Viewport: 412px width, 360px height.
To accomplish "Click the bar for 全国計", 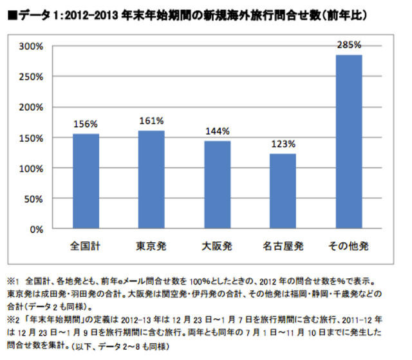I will (x=86, y=181).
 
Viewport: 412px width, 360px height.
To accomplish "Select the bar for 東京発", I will (x=151, y=180).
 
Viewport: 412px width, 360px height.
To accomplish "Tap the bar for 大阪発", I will (x=217, y=185).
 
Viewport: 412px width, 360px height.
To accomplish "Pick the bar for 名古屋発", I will (x=283, y=191).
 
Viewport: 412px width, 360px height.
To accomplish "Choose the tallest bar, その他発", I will (x=348, y=142).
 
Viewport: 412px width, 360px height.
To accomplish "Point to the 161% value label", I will (x=151, y=120).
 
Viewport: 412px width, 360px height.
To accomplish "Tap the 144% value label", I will (x=217, y=131).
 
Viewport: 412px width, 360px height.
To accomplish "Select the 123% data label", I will (x=283, y=144).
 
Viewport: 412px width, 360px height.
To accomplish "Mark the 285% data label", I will (x=348, y=45).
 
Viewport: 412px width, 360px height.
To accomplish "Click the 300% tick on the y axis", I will (x=31, y=46).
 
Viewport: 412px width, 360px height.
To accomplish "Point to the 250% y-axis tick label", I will (x=31, y=77).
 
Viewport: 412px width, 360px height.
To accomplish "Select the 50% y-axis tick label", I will (x=33, y=198).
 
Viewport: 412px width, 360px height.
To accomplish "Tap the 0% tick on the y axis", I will (x=36, y=229).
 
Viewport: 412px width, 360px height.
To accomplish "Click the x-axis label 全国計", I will (x=86, y=246).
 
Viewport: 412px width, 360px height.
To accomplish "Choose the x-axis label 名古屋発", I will (x=283, y=246).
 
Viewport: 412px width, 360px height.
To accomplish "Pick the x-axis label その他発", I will (x=348, y=246).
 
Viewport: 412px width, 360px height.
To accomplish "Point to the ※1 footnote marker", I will (x=12, y=282).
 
